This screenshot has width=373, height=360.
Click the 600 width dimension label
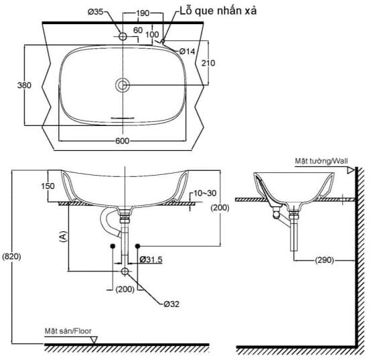(122, 141)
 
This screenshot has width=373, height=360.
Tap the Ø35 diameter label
(97, 12)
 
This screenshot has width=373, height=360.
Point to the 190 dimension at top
(142, 12)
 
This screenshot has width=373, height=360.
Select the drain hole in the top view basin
(123, 85)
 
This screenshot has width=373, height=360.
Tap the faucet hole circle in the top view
(123, 36)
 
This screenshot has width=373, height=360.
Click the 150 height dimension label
(48, 186)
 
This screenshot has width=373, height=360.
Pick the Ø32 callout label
(171, 303)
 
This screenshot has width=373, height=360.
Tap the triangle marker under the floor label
(94, 340)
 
